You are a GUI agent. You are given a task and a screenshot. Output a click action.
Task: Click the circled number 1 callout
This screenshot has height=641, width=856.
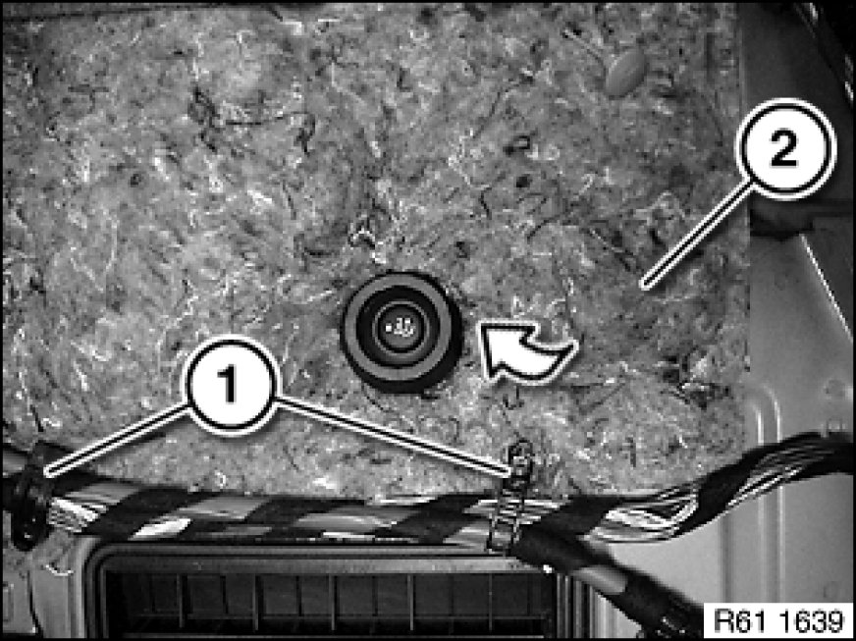click(x=232, y=386)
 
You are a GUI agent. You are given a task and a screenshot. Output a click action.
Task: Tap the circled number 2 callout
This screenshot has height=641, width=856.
click(x=785, y=149)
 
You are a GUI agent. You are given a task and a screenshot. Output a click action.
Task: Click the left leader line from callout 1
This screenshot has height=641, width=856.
click(x=119, y=439)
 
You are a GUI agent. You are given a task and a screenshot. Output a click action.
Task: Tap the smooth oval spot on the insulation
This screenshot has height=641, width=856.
click(x=625, y=71)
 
